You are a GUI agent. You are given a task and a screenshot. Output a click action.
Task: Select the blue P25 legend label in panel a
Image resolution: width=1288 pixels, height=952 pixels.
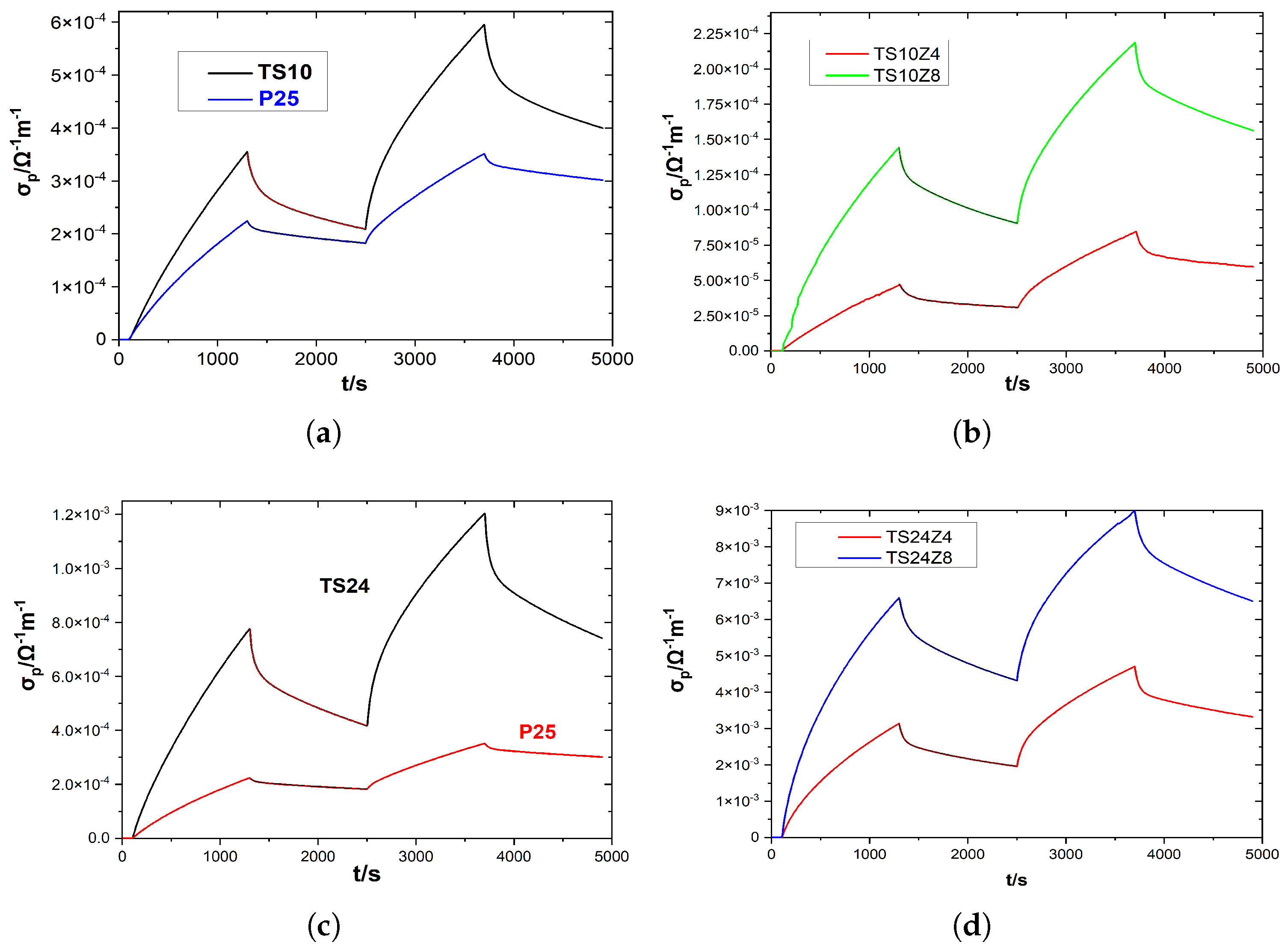click(x=278, y=98)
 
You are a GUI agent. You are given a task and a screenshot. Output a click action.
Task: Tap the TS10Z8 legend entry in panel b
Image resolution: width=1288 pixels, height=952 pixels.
click(x=906, y=76)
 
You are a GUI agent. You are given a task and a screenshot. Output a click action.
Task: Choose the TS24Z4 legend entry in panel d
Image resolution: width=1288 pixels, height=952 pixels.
click(x=918, y=537)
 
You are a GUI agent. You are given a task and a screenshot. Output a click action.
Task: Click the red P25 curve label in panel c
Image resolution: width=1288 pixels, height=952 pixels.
click(x=537, y=732)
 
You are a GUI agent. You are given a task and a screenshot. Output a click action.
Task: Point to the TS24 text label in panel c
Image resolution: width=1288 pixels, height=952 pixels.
click(x=345, y=586)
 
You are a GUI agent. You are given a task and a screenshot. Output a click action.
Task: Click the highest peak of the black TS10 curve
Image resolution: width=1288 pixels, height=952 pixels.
click(x=484, y=25)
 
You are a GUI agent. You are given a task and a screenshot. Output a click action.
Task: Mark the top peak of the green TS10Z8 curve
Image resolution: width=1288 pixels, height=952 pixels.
click(x=1135, y=43)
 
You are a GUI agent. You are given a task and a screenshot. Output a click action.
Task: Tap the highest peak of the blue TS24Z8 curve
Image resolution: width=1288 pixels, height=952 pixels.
click(x=1134, y=511)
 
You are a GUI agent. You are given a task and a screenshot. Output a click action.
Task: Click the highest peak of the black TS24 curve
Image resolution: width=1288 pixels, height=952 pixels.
click(x=485, y=514)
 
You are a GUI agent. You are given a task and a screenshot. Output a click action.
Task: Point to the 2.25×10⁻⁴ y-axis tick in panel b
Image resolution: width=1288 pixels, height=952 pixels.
click(x=725, y=33)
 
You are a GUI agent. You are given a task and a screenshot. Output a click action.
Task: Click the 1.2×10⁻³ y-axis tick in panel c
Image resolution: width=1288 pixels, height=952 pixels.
click(x=81, y=514)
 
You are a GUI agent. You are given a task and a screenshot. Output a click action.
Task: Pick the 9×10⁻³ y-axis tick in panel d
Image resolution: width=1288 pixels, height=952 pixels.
click(x=737, y=511)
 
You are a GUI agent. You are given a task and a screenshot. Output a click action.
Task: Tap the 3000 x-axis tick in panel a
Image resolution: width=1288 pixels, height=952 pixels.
click(x=415, y=359)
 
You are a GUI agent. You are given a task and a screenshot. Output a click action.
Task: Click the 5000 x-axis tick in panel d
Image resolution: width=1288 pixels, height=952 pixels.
click(x=1261, y=854)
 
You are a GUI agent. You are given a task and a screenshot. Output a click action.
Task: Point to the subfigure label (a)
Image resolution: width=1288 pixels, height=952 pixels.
click(x=323, y=433)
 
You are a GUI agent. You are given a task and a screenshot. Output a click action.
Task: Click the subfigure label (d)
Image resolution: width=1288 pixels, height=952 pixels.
click(x=971, y=925)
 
